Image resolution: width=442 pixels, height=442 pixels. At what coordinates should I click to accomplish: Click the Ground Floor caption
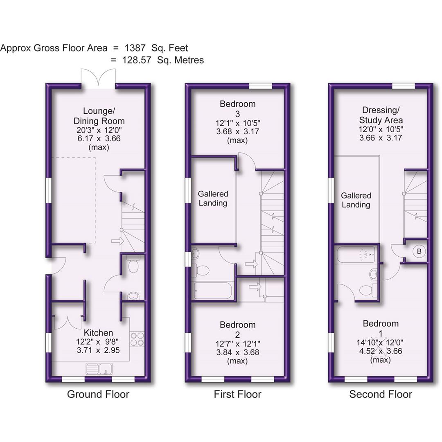coord(98,394)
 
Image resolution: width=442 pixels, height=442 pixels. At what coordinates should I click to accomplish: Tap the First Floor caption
coord(237,394)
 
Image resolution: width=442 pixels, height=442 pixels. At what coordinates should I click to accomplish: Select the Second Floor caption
coord(381,394)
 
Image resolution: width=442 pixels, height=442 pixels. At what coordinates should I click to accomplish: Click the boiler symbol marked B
coord(419,251)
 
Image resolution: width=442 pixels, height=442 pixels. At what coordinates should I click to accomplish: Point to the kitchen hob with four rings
coord(136,339)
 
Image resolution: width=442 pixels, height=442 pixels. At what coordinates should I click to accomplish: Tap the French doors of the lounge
coord(98,78)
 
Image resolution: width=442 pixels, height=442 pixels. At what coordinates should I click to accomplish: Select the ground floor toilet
coord(133,266)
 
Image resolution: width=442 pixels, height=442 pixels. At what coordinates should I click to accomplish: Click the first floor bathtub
coord(213,291)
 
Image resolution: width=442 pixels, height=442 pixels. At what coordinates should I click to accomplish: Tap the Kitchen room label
coord(98,333)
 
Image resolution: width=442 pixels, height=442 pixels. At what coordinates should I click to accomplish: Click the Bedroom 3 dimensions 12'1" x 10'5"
coord(238,122)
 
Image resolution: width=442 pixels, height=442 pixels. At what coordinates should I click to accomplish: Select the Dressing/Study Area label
coord(381,115)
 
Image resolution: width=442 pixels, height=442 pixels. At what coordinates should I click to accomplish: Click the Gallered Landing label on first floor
coord(213,198)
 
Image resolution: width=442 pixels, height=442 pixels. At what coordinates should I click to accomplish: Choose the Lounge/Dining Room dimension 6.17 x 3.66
coord(99,138)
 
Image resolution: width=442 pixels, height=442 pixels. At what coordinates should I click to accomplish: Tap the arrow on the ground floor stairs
coord(117,241)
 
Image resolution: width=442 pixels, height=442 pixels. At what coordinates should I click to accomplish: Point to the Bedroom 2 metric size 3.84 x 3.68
coord(237,352)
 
